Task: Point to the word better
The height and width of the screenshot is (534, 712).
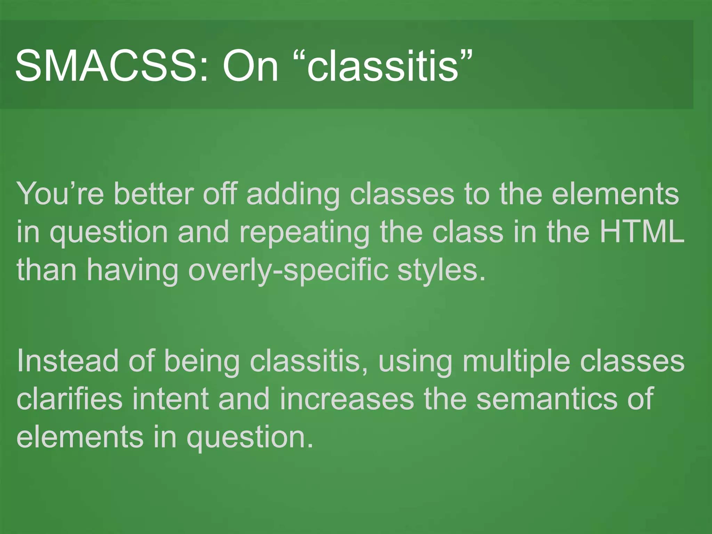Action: (153, 194)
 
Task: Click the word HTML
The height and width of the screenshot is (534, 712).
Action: (642, 232)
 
